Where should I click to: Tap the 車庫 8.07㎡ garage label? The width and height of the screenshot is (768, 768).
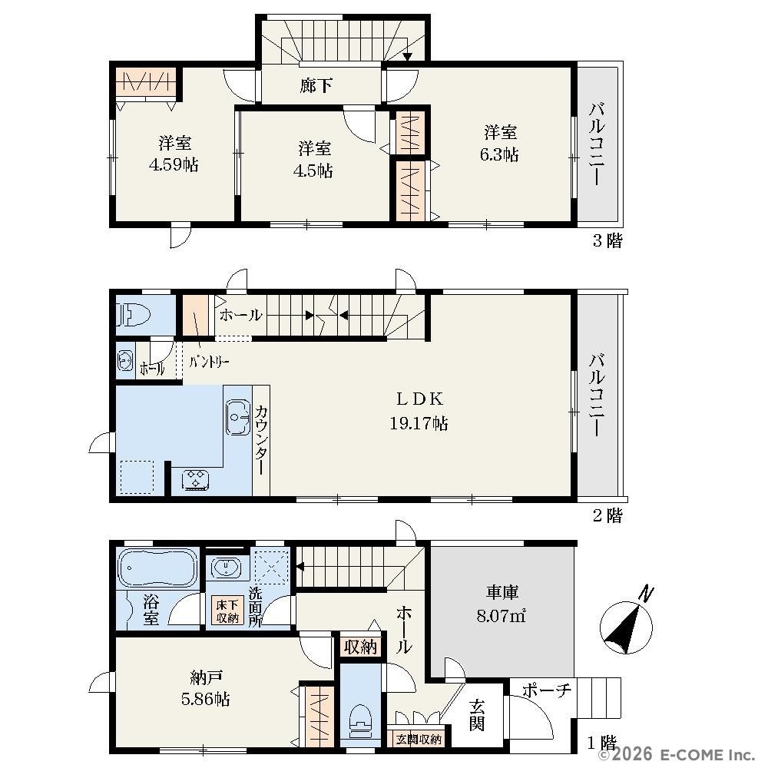pyautogui.click(x=502, y=604)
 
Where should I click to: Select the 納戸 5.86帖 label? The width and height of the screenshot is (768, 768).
pyautogui.click(x=205, y=689)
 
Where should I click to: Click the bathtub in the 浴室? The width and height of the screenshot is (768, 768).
pyautogui.click(x=157, y=568)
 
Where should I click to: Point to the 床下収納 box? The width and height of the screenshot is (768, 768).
pyautogui.click(x=227, y=611)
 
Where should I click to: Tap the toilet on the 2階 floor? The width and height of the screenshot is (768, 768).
pyautogui.click(x=133, y=314)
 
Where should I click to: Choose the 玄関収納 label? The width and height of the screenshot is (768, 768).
pyautogui.click(x=419, y=739)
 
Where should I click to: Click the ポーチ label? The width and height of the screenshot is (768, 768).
pyautogui.click(x=547, y=690)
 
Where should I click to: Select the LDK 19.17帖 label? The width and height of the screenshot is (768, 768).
pyautogui.click(x=419, y=411)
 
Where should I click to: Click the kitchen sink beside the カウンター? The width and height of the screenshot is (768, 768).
pyautogui.click(x=238, y=417)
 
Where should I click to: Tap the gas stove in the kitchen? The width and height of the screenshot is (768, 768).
pyautogui.click(x=195, y=479)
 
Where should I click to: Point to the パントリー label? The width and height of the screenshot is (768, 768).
pyautogui.click(x=209, y=362)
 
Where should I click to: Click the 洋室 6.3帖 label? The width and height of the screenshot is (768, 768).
pyautogui.click(x=500, y=143)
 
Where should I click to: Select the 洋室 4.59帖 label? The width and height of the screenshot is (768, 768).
pyautogui.click(x=174, y=154)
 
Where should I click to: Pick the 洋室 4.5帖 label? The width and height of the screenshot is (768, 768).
pyautogui.click(x=313, y=159)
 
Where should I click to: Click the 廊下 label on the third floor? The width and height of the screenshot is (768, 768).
pyautogui.click(x=316, y=86)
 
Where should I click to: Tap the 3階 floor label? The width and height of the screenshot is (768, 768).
pyautogui.click(x=607, y=240)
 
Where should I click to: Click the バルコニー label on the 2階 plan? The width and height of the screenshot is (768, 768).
pyautogui.click(x=598, y=394)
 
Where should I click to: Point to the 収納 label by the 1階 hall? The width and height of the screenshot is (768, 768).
pyautogui.click(x=360, y=647)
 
